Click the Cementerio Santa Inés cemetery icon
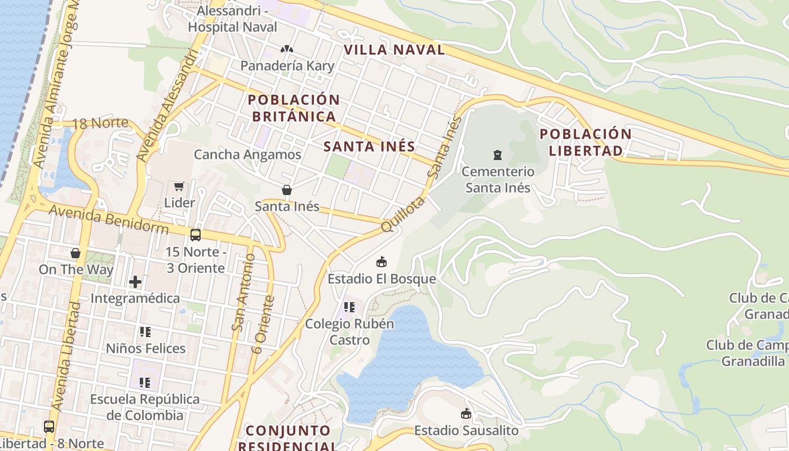[497, 154]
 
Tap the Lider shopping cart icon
[179, 186]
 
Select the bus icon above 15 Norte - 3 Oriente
[195, 235]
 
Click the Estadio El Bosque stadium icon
[382, 262]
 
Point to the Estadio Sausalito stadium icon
[466, 414]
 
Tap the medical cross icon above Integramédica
[135, 281]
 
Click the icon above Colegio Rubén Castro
[349, 307]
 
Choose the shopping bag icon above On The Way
[76, 253]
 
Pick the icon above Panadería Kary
[287, 49]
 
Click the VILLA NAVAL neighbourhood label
[394, 50]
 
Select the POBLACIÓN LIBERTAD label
[586, 142]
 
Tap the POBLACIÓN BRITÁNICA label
[294, 108]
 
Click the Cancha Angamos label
[247, 154]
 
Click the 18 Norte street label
[101, 123]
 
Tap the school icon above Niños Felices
[145, 332]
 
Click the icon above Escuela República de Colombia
[145, 383]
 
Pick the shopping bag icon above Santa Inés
[287, 190]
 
